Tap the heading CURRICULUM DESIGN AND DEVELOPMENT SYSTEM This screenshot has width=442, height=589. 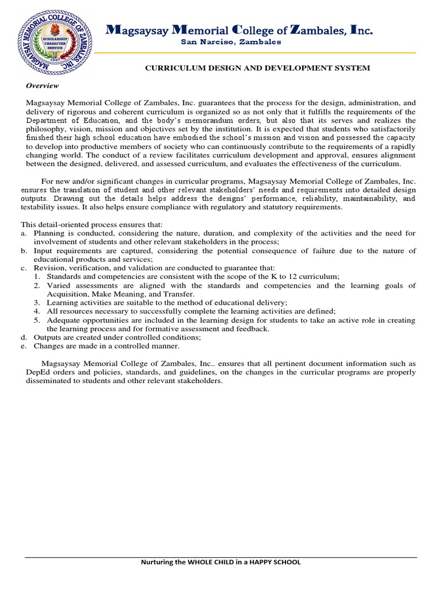[257, 68]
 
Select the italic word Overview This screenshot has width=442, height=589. [43, 86]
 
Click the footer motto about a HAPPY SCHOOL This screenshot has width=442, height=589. [221, 562]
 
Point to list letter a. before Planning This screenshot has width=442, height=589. [24, 233]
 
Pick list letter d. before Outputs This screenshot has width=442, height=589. [24, 338]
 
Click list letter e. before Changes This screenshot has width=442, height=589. [24, 346]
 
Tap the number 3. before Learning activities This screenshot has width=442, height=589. [36, 303]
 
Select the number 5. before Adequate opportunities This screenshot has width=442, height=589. [36, 320]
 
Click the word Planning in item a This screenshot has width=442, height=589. [48, 233]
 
